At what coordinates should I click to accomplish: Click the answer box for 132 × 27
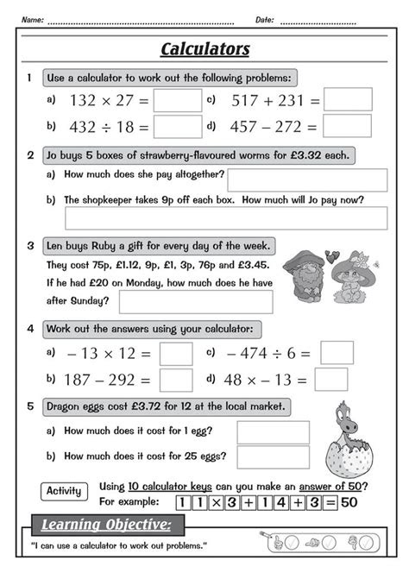[177, 100]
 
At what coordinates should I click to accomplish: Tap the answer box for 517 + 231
[348, 100]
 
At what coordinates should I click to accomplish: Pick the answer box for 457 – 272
[348, 126]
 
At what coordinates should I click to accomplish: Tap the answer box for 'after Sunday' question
[195, 301]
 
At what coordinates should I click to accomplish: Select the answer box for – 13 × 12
[176, 354]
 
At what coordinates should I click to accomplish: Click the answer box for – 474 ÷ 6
[337, 353]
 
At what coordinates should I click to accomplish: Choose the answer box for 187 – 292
[176, 380]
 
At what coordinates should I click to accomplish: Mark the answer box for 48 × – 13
[331, 380]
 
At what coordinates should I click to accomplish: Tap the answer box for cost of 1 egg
[273, 432]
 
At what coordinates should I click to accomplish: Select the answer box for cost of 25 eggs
[273, 456]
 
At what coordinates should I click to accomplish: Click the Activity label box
[64, 492]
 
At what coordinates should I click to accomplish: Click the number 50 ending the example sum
[349, 503]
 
